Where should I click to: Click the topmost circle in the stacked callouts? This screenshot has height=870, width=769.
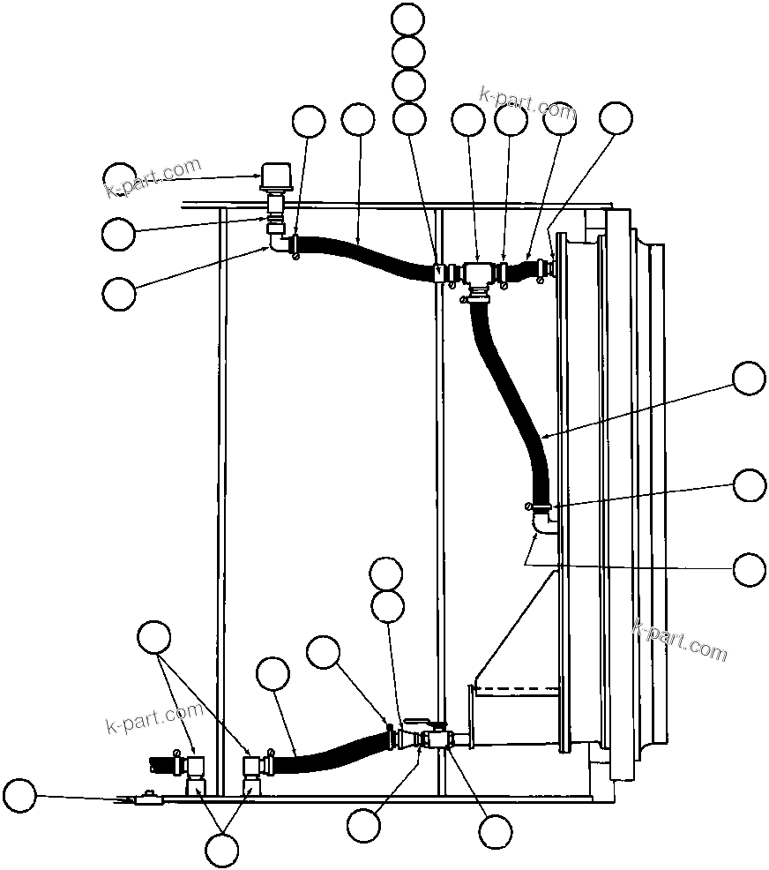(x=407, y=19)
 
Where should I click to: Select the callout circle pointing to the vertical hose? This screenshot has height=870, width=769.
(x=750, y=378)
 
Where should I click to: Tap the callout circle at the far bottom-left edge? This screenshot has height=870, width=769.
(x=19, y=797)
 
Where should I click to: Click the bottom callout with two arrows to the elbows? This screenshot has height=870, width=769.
(x=221, y=850)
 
